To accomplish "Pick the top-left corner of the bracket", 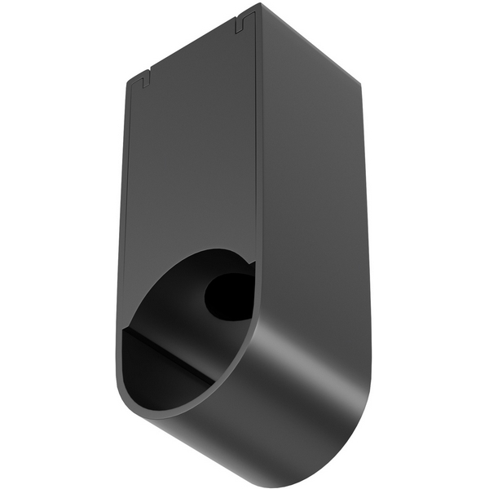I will tap(128, 79).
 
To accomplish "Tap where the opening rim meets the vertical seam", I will tap(254, 266).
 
